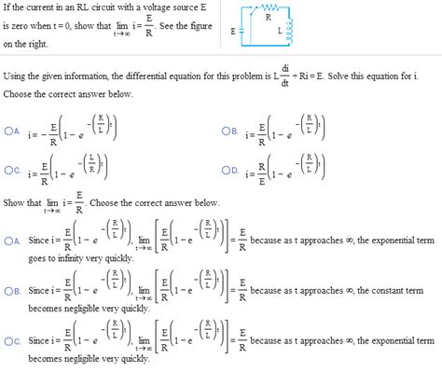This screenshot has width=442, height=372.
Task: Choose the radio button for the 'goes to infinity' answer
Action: tap(9, 240)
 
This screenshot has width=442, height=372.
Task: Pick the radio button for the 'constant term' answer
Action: tap(9, 289)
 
